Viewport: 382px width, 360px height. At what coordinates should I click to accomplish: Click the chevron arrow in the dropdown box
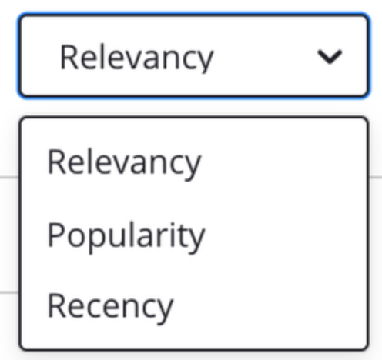coord(330,57)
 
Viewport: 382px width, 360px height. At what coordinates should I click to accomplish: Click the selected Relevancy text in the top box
coord(136,58)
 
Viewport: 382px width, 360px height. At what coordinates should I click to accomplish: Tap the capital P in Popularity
coord(56,234)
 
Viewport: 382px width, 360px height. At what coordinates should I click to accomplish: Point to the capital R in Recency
coord(57,305)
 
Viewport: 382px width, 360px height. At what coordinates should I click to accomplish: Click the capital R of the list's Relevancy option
coord(57,162)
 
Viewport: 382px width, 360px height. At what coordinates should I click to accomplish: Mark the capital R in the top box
coord(69,57)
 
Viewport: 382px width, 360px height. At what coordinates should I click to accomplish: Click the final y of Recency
coord(165,311)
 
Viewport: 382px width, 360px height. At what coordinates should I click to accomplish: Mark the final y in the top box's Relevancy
coord(205,62)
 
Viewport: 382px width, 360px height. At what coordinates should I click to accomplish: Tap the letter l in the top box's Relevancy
coord(105,56)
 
